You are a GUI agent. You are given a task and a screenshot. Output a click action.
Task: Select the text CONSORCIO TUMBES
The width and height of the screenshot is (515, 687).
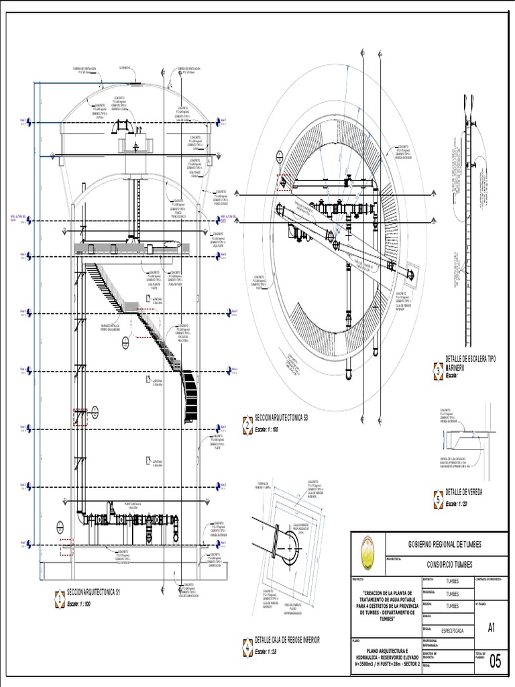pyautogui.click(x=449, y=565)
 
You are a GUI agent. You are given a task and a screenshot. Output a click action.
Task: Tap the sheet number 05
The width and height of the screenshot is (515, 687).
pyautogui.click(x=495, y=661)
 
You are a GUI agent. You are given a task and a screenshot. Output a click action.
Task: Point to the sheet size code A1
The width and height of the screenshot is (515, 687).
pyautogui.click(x=492, y=628)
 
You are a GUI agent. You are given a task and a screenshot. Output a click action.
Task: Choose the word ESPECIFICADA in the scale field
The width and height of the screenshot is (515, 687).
pyautogui.click(x=455, y=630)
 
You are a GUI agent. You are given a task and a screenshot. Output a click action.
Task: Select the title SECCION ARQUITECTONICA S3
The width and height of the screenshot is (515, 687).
pyautogui.click(x=276, y=419)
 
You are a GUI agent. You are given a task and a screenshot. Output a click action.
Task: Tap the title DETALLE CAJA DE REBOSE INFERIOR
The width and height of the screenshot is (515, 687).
pyautogui.click(x=287, y=640)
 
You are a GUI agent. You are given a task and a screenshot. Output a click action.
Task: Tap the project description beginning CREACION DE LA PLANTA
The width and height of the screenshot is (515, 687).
pyautogui.click(x=386, y=605)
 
